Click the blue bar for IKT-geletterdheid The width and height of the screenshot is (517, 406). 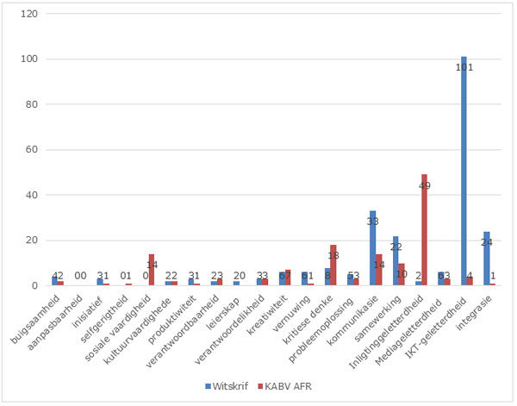pos(464,172)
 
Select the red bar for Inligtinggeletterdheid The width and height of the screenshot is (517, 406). pos(424,230)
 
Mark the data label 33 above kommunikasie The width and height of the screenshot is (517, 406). pos(373,222)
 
